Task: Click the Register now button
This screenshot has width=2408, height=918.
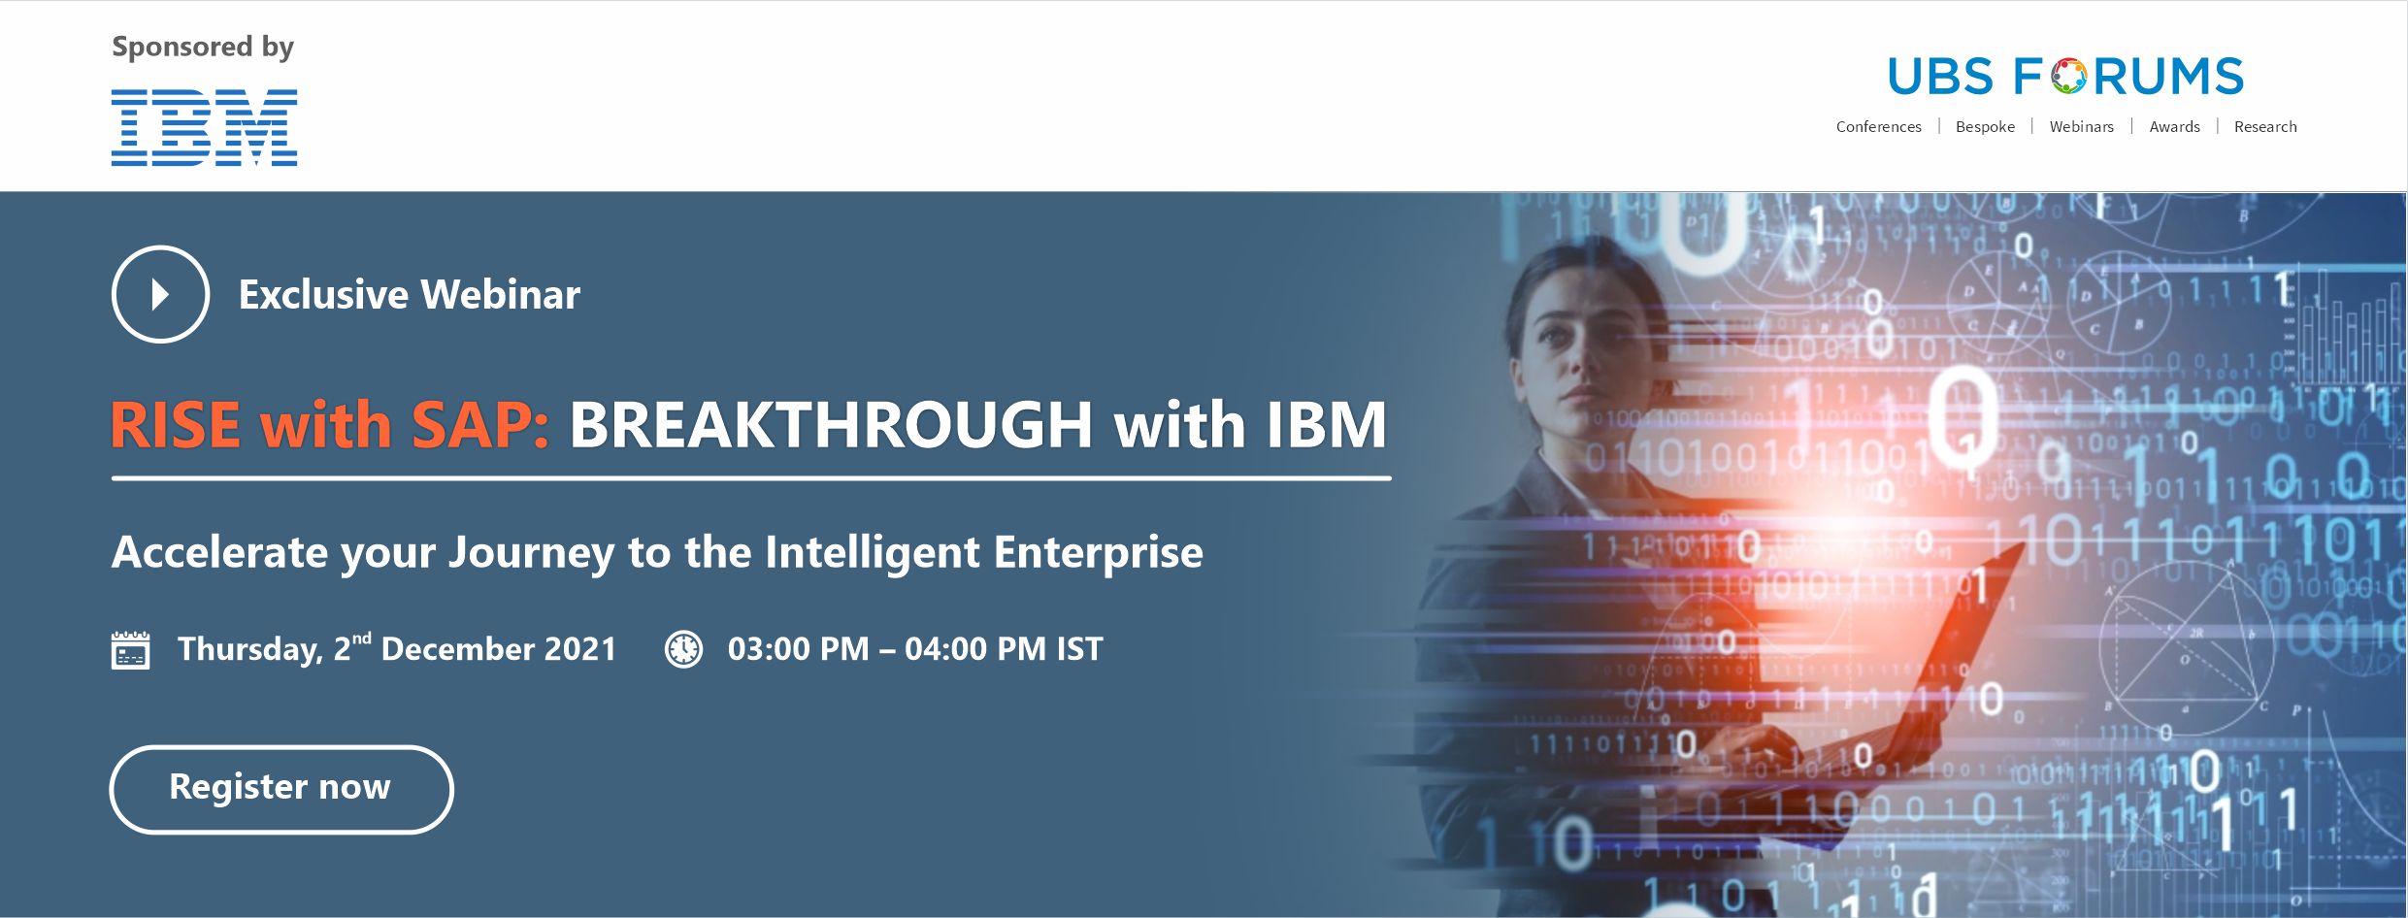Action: click(x=281, y=789)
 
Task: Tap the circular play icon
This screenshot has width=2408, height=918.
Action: click(x=160, y=294)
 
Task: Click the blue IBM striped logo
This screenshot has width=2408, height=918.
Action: click(x=204, y=127)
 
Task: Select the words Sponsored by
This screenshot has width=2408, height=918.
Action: click(x=203, y=48)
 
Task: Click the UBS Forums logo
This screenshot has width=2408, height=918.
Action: click(x=2065, y=77)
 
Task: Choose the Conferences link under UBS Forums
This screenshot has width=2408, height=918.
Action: click(x=1878, y=127)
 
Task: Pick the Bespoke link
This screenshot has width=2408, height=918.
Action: click(x=1985, y=127)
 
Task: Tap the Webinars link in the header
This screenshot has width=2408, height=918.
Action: click(x=2081, y=127)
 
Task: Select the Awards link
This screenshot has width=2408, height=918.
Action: click(x=2174, y=127)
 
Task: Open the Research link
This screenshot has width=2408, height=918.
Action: click(x=2265, y=127)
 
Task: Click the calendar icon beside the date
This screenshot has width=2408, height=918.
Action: click(x=130, y=649)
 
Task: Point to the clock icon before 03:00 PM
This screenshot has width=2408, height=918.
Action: click(x=683, y=649)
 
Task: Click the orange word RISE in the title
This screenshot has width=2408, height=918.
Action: click(x=176, y=425)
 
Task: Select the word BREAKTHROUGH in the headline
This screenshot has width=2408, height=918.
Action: click(x=831, y=425)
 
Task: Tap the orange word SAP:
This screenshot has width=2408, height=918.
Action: click(x=480, y=425)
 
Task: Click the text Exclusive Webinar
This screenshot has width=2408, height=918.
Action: click(x=410, y=295)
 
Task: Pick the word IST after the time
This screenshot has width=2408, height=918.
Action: click(x=1079, y=649)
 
